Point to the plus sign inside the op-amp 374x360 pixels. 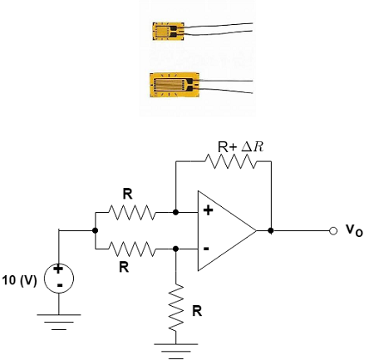click(x=207, y=212)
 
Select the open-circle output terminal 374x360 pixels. click(x=332, y=230)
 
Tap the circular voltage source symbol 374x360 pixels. click(x=59, y=277)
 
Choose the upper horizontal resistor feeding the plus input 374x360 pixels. click(x=133, y=213)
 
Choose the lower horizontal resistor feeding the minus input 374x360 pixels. click(x=133, y=249)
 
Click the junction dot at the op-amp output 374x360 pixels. click(x=272, y=230)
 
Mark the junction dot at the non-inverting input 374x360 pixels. click(x=176, y=213)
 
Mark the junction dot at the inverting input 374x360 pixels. click(x=176, y=249)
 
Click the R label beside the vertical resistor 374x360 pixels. click(x=196, y=311)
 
